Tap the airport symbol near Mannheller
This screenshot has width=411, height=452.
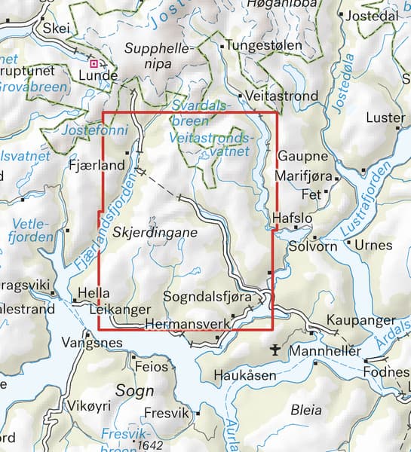tap(277, 350)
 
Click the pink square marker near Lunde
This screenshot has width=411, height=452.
tap(94, 64)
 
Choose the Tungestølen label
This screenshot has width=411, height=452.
tap(265, 46)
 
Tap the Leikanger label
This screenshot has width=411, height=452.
tap(115, 310)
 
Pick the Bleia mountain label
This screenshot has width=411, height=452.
tap(306, 411)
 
